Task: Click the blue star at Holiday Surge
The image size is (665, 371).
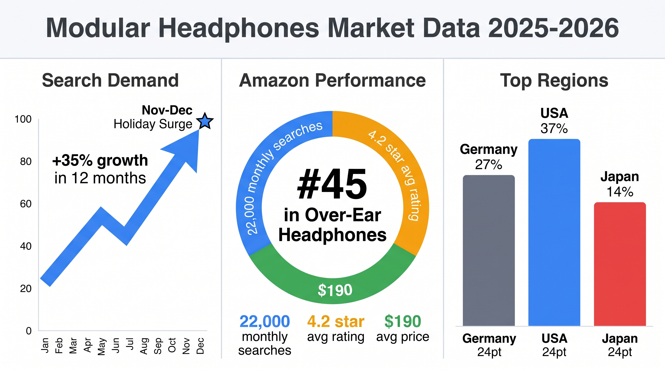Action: [205, 121]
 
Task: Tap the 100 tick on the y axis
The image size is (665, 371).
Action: [23, 119]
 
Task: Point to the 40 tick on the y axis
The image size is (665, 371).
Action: [26, 246]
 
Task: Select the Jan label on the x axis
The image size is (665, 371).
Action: [45, 345]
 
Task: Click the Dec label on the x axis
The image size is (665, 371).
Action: [200, 346]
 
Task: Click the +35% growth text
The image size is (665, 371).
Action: [100, 160]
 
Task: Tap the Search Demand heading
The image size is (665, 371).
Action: [110, 80]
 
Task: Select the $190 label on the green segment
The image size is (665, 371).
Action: [335, 290]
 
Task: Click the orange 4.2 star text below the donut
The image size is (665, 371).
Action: [336, 321]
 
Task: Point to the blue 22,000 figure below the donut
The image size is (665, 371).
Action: [265, 321]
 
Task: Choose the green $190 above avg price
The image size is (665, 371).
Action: [403, 321]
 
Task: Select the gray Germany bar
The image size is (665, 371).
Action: [489, 250]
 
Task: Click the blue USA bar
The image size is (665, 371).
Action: [554, 232]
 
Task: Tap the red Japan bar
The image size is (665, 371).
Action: [620, 264]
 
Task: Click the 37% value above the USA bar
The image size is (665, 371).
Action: [554, 128]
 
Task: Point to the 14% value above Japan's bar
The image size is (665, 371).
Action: [620, 192]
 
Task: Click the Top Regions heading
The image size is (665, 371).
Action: [554, 80]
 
